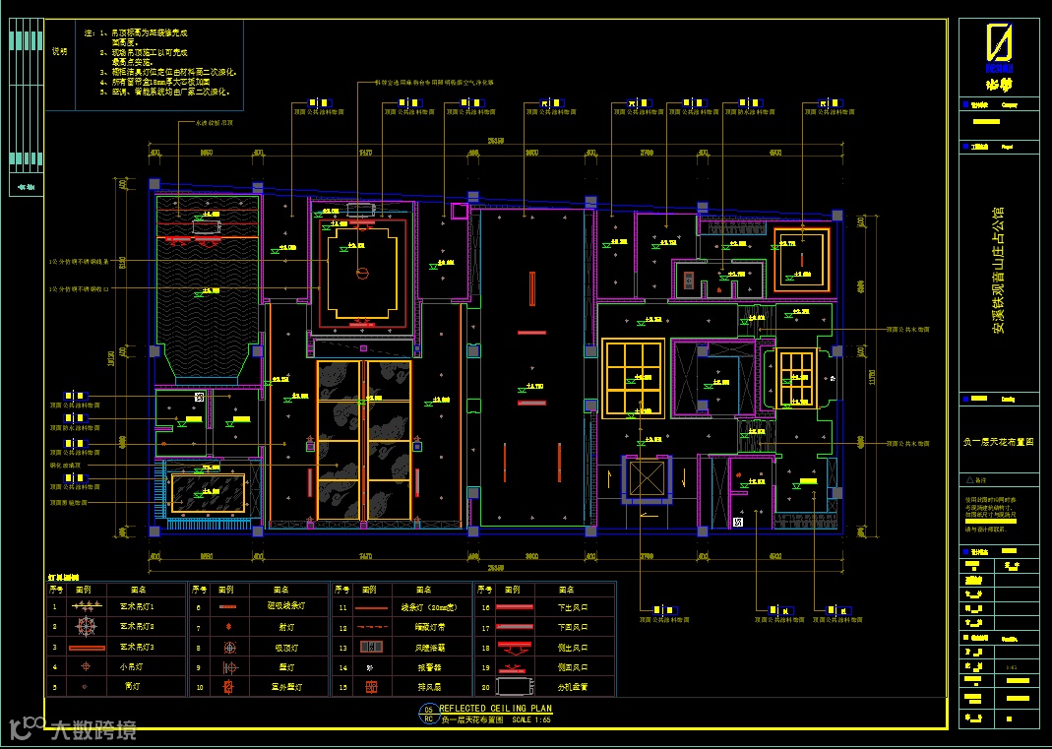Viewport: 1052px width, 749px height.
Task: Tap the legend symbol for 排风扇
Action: tap(371, 686)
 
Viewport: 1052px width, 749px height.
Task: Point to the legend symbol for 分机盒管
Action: tap(512, 687)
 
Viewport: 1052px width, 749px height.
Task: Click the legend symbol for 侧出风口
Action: tap(512, 647)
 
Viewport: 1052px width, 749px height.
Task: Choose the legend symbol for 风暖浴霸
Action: tap(371, 647)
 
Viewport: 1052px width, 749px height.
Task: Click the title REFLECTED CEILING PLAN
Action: tap(495, 709)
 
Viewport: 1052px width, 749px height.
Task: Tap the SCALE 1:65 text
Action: tap(533, 720)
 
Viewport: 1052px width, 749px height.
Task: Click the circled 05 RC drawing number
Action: tap(428, 714)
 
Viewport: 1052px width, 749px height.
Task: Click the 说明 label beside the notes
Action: tap(60, 52)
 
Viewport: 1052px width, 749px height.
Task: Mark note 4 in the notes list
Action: tap(162, 82)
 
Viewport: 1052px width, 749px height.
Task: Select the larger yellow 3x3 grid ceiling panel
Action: tap(633, 377)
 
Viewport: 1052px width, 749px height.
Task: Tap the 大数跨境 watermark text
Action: tap(93, 730)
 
